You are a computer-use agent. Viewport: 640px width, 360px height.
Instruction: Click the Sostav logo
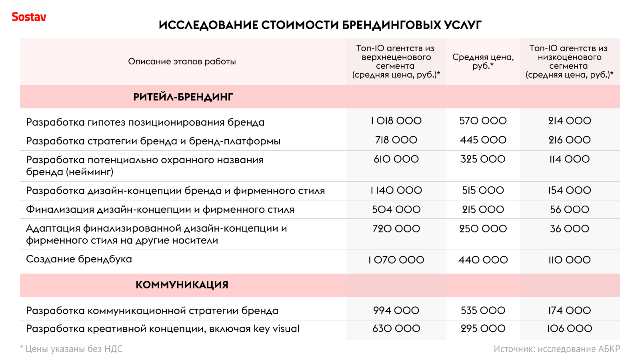pos(29,17)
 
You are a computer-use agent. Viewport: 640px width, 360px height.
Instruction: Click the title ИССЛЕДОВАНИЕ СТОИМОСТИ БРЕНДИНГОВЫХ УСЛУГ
pos(320,25)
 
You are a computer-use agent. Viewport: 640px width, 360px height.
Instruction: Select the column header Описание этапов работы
pos(182,62)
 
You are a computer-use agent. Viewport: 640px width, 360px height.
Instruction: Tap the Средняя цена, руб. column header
pos(483,61)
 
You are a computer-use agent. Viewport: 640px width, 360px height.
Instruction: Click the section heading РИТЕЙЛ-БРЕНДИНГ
pos(183,97)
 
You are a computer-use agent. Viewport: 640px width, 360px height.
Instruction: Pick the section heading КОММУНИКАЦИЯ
pos(182,285)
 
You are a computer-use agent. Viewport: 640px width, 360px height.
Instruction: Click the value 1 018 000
pos(396,121)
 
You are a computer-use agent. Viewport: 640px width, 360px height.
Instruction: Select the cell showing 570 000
pos(483,121)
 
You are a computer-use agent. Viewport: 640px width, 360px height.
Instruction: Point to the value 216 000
pos(569,140)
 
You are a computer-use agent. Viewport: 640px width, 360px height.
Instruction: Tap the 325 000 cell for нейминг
pos(483,159)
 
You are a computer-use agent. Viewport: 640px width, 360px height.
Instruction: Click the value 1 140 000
pos(396,190)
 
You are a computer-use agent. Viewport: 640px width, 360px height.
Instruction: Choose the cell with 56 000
pos(569,210)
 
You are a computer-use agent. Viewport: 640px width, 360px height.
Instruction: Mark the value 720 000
pos(396,229)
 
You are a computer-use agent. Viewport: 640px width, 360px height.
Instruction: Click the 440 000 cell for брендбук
pos(483,260)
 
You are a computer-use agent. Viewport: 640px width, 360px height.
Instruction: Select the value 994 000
pos(396,310)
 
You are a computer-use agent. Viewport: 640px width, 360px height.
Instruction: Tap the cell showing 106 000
pos(569,329)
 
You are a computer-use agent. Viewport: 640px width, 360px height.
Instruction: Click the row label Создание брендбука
pos(79,259)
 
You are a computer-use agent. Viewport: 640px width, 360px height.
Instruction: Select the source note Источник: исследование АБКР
pos(556,349)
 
